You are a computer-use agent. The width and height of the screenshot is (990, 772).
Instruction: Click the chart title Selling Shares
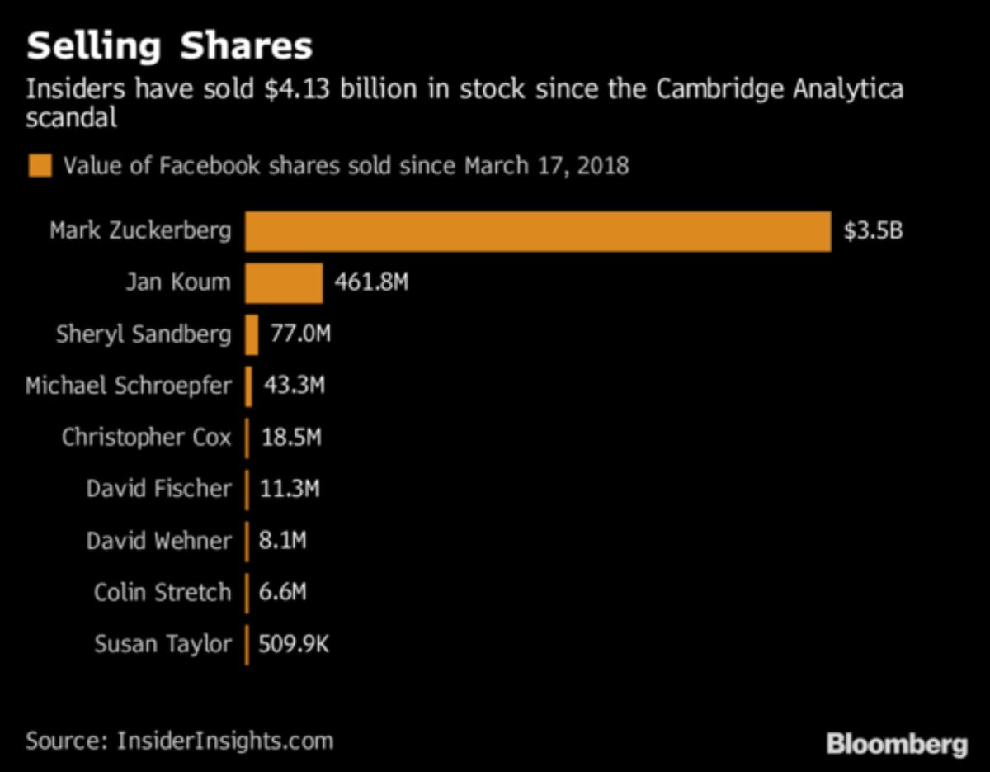[169, 46]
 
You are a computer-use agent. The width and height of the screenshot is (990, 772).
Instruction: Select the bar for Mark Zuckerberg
[537, 231]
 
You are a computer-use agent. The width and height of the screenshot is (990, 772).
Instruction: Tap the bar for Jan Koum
[283, 283]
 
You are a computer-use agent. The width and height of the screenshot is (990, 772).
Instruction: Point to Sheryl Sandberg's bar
[252, 334]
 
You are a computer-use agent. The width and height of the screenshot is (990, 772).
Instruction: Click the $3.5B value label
[873, 231]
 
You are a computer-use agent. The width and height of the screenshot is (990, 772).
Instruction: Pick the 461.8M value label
[371, 283]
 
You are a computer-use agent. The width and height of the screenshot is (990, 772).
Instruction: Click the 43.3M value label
[294, 386]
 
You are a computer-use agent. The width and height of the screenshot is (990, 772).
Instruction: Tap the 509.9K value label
[294, 643]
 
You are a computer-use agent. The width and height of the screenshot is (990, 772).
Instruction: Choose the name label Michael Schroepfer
[129, 386]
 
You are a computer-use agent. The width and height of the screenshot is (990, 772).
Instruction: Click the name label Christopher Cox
[146, 437]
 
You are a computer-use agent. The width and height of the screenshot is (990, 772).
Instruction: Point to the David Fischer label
[158, 489]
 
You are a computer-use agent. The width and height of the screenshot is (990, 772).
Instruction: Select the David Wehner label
[158, 541]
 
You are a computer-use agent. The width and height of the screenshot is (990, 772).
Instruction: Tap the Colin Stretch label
[163, 592]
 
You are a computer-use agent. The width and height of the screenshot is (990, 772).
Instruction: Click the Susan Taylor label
[163, 643]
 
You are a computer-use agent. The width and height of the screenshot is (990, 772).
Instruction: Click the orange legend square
[40, 166]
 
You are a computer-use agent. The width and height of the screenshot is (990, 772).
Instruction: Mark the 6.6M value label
[283, 592]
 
